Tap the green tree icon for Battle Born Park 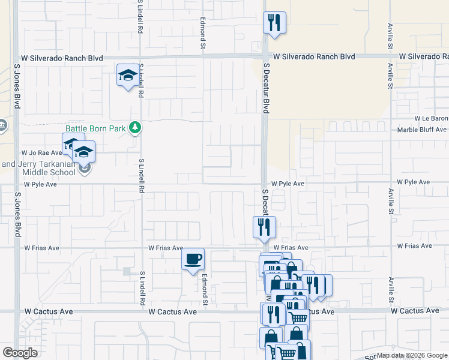(x=136, y=127)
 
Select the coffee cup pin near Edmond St (x=193, y=259)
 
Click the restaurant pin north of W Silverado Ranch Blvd (x=274, y=23)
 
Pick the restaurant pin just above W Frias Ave (x=264, y=227)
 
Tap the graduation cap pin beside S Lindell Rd (x=127, y=75)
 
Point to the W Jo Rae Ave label (x=41, y=153)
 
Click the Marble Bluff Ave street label (x=423, y=130)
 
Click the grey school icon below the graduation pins (x=85, y=169)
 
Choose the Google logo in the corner (x=20, y=353)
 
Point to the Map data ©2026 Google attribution (x=412, y=355)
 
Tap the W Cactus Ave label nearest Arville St (x=414, y=311)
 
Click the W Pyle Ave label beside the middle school (x=40, y=184)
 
